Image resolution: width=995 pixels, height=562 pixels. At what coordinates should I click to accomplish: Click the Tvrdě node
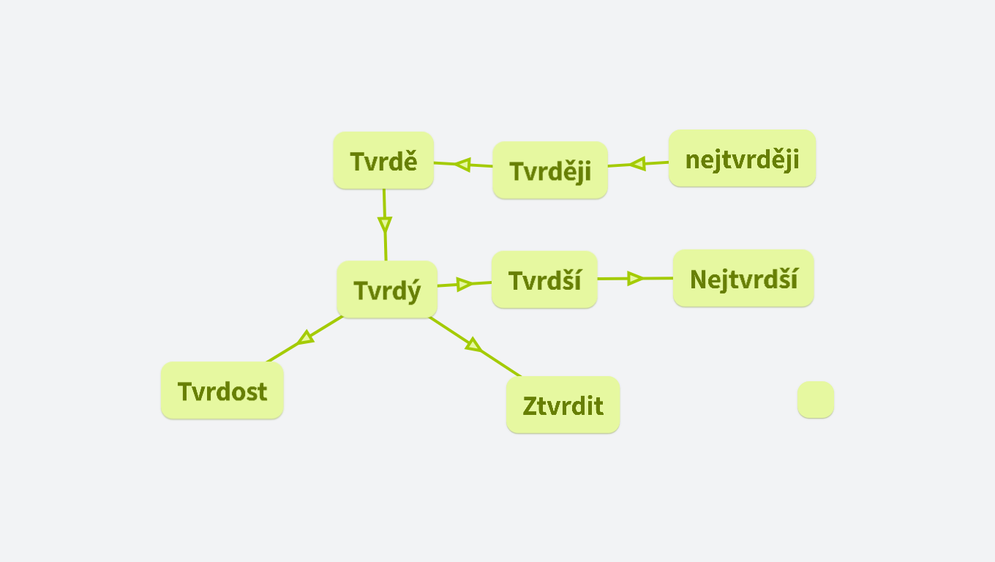(x=383, y=160)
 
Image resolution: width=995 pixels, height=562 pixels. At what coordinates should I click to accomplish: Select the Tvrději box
(x=550, y=171)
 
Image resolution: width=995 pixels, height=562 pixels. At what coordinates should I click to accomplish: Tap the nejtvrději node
(x=743, y=158)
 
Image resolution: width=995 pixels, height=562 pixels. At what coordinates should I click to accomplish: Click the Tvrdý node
(x=387, y=290)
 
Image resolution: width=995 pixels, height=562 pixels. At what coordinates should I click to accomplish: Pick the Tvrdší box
(x=544, y=280)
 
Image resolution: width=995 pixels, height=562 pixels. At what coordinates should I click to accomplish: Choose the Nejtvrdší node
(x=743, y=278)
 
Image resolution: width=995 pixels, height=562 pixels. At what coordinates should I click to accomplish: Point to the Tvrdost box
(x=222, y=390)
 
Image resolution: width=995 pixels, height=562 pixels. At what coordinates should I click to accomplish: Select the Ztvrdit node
(x=563, y=405)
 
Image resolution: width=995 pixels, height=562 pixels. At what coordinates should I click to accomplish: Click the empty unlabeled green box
(x=816, y=400)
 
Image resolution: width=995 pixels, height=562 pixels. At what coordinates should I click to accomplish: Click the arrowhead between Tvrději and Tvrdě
(x=463, y=165)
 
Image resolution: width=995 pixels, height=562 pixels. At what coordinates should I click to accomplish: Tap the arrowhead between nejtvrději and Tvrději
(x=638, y=163)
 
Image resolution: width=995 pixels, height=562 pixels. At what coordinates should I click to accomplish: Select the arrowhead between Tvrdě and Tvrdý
(x=385, y=225)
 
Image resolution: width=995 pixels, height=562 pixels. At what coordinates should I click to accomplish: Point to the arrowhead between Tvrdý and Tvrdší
(x=465, y=284)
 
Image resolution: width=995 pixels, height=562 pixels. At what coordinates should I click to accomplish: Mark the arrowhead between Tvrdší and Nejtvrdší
(x=635, y=279)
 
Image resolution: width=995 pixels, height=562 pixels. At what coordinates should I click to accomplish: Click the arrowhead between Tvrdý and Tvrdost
(x=305, y=338)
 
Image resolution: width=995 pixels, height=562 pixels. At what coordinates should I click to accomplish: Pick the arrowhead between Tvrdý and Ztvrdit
(x=473, y=345)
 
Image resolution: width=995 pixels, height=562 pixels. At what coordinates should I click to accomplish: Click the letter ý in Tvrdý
(x=413, y=291)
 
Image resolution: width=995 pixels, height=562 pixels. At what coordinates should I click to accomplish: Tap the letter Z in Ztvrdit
(x=530, y=406)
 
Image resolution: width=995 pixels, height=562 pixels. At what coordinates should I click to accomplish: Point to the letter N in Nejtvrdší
(x=699, y=280)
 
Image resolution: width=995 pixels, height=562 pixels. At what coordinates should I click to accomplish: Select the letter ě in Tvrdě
(x=410, y=161)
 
